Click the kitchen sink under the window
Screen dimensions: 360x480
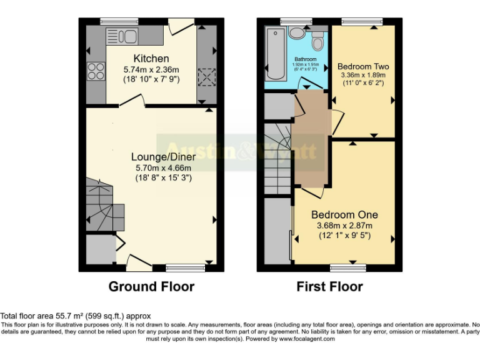(122, 36)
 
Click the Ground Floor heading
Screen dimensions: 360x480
(151, 287)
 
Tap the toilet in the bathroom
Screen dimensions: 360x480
(318, 41)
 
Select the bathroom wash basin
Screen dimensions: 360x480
(296, 33)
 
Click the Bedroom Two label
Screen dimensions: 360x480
(363, 66)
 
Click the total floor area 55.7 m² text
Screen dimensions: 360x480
(75, 316)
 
